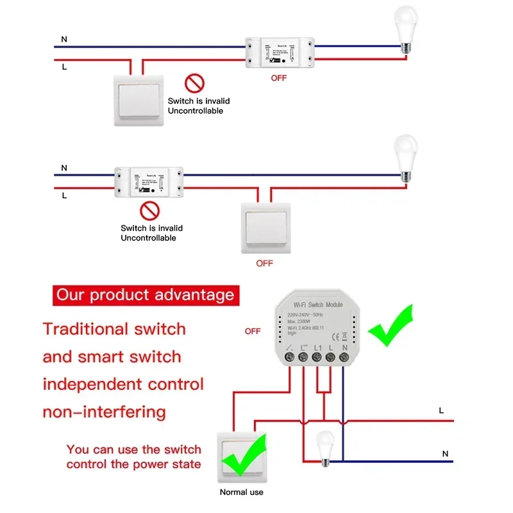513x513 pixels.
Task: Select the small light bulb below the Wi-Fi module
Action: click(x=324, y=444)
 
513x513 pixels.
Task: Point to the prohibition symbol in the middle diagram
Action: click(x=149, y=211)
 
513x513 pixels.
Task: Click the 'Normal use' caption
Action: click(x=242, y=492)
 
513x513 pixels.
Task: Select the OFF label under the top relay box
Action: click(x=278, y=78)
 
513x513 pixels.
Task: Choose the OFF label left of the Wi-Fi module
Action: click(x=253, y=332)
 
